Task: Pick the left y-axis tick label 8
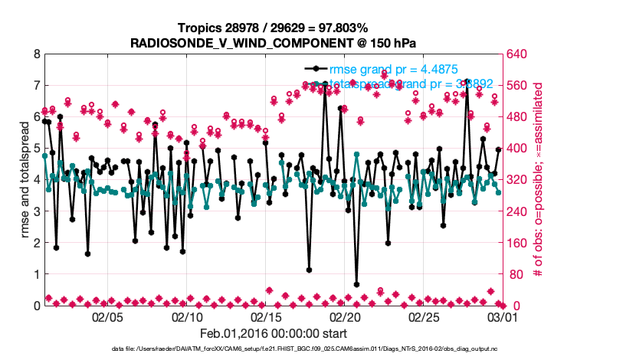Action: [36, 54]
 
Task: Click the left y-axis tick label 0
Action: [36, 306]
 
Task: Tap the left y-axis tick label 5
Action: [36, 149]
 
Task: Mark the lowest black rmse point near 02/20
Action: [356, 284]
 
